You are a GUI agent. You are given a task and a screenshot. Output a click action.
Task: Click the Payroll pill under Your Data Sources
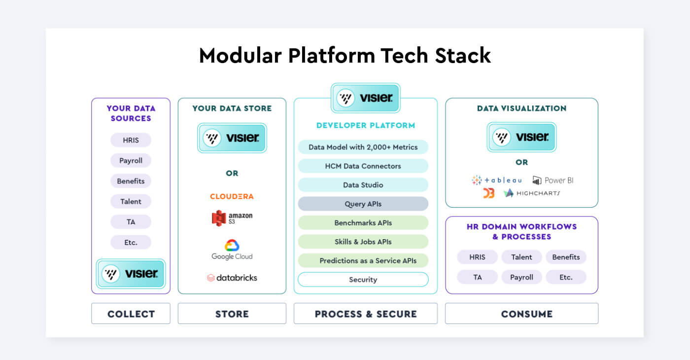[x=131, y=161]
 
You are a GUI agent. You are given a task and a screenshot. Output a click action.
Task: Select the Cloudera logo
[x=232, y=196]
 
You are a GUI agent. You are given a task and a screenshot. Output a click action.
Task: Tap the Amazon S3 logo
[x=232, y=218]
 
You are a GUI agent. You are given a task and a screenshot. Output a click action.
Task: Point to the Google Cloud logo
[x=232, y=250]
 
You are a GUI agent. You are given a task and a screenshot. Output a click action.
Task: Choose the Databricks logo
[x=232, y=278]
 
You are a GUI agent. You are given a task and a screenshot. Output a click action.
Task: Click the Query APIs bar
[x=363, y=204]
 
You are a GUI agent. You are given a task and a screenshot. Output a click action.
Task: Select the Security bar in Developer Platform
[x=363, y=280]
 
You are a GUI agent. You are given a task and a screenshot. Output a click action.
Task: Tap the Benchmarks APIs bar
[x=363, y=223]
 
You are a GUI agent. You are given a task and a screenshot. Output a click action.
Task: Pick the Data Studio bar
[x=363, y=185]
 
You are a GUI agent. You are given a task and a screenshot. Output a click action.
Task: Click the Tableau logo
[x=496, y=180]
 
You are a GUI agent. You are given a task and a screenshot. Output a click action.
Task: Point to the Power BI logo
[x=552, y=180]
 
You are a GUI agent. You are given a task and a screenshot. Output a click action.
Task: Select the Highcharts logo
[x=532, y=193]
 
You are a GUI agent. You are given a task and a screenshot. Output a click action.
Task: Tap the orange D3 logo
[x=488, y=193]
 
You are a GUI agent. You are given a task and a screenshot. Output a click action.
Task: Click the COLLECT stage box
[x=131, y=314]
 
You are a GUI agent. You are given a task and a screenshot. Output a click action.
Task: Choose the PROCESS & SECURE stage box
[x=365, y=314]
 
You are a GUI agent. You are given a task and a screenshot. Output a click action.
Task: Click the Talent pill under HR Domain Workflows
[x=521, y=257]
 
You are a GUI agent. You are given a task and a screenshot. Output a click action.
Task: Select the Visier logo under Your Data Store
[x=232, y=138]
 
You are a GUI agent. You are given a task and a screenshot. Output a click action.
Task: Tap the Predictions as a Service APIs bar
[x=363, y=261]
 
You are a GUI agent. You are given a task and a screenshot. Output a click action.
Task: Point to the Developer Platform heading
[x=365, y=125]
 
